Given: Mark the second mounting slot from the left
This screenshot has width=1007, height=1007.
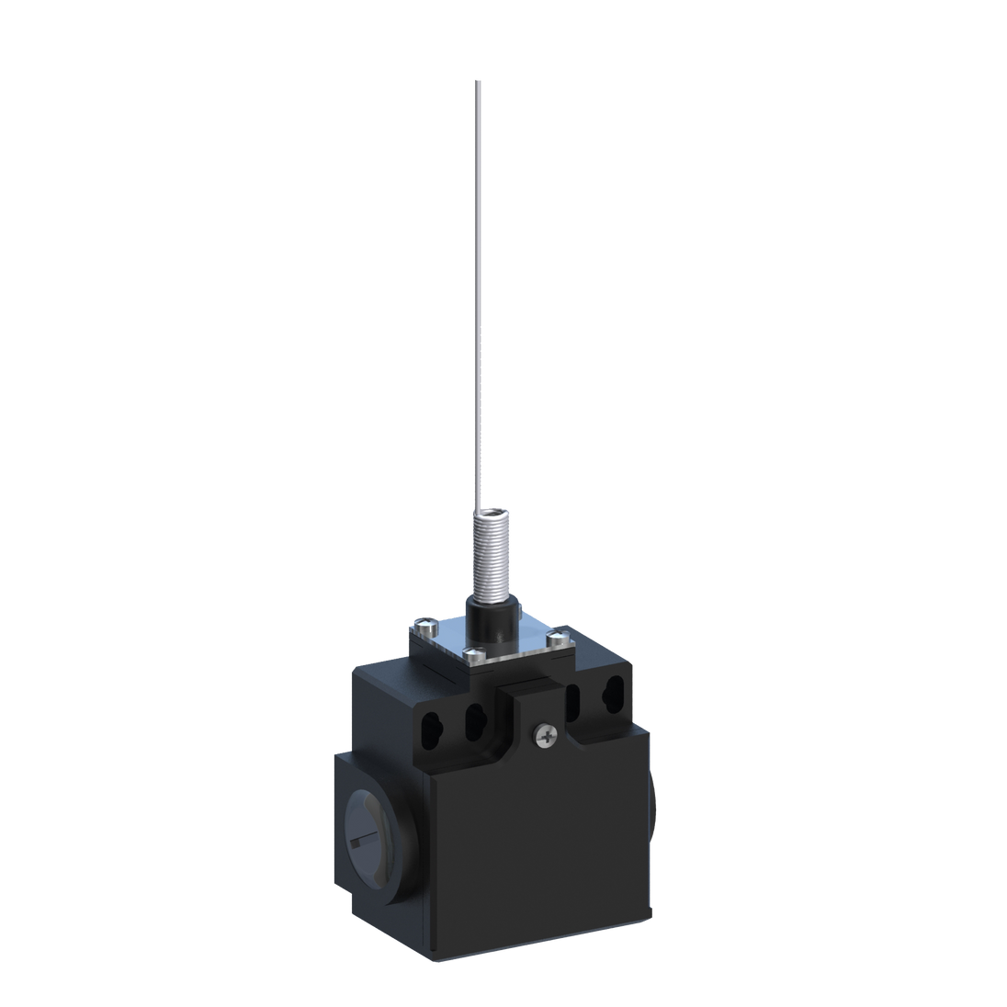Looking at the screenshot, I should pyautogui.click(x=477, y=716).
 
